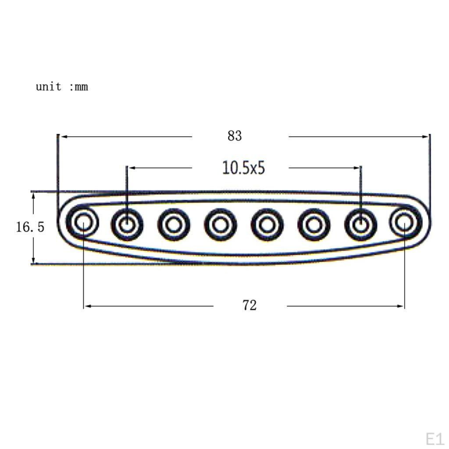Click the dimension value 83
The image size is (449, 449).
click(x=235, y=136)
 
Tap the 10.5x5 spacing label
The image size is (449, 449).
click(x=243, y=168)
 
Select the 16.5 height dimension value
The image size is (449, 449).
click(x=30, y=227)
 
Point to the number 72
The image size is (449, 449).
click(x=249, y=305)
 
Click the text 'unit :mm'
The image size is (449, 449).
click(x=62, y=86)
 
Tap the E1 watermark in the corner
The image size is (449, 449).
click(x=435, y=439)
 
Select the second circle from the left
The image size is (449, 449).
click(x=115, y=224)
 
